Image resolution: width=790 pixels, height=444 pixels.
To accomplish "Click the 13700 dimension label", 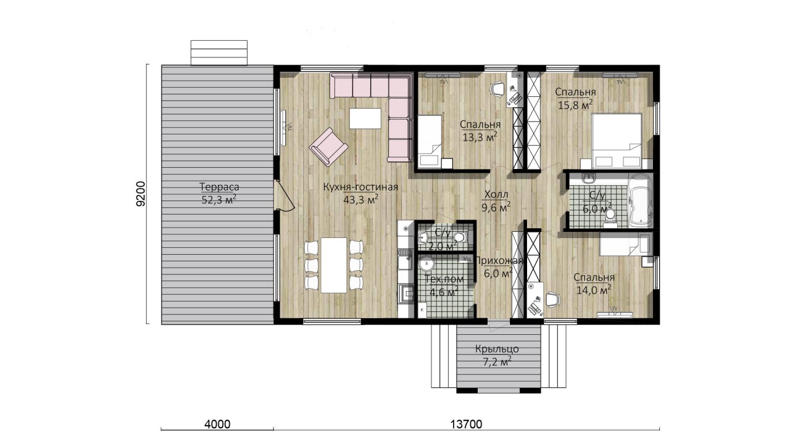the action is point(466,424).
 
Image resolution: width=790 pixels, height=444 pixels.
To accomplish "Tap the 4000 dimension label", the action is point(217,424).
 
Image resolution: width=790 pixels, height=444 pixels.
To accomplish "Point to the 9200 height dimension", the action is point(141,194).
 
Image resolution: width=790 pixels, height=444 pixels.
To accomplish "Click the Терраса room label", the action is point(219,187).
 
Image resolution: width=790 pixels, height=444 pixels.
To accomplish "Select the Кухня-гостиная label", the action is point(360,187).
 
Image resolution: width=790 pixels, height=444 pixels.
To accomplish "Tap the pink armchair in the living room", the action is point(329,147).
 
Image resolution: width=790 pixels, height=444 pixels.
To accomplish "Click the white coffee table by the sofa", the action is point(365,118).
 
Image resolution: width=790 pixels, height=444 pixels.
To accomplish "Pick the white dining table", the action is point(334,265).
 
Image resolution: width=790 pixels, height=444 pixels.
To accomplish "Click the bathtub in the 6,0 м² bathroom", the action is point(641,201).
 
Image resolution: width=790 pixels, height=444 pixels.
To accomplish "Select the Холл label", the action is point(496,194).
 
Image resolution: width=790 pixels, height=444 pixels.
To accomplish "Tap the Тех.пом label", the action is point(444,279).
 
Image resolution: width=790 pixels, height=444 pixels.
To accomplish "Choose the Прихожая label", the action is point(499,261).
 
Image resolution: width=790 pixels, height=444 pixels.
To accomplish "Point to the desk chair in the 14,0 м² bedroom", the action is point(553,300).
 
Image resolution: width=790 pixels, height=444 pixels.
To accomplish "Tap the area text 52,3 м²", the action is point(218,200).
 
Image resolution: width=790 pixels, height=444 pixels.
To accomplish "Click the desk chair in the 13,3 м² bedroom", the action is point(497,88).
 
